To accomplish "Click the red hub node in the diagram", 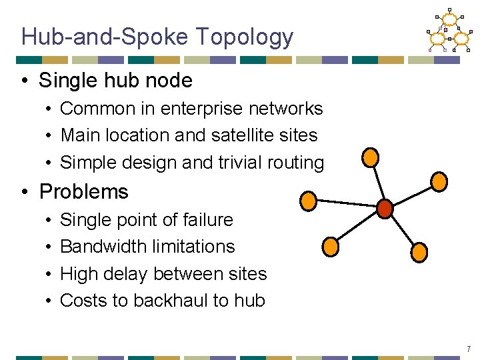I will (385, 209).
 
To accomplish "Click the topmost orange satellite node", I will (370, 157).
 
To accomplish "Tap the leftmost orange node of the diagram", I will (308, 200).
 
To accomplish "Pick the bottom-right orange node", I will (419, 251).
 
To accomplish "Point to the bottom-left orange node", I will (331, 246).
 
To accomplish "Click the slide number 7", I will (469, 349).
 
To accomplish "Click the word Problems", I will (84, 192).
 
